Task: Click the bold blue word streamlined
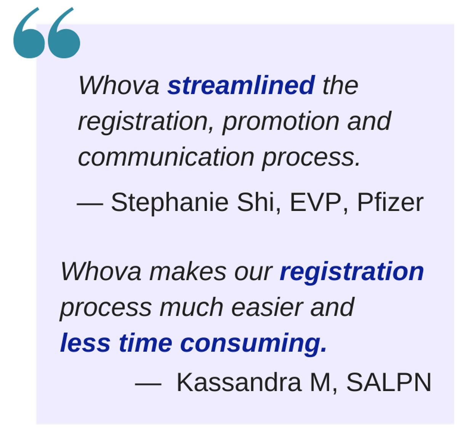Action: click(241, 85)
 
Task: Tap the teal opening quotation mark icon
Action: click(47, 33)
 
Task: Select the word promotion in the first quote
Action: click(281, 122)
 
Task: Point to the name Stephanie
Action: click(170, 203)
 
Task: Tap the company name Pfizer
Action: click(390, 202)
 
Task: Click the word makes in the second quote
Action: click(188, 272)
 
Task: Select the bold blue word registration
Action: click(351, 272)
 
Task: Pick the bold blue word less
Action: click(85, 343)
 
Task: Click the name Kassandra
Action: click(239, 382)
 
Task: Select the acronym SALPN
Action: click(389, 382)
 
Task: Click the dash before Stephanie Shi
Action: click(90, 204)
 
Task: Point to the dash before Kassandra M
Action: click(148, 384)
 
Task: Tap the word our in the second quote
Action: click(253, 273)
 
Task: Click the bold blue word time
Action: click(146, 343)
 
